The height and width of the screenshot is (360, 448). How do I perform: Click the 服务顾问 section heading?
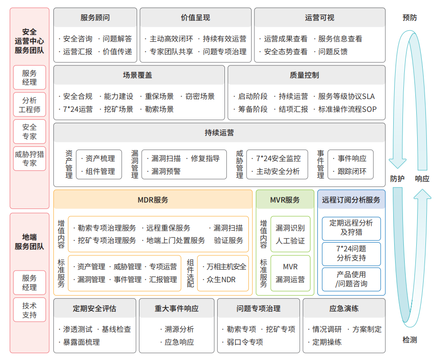(95, 18)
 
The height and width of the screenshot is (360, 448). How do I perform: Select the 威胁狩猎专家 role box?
(29, 158)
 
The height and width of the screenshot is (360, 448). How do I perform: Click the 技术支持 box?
(29, 310)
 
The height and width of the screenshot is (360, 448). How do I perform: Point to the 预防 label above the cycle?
(409, 17)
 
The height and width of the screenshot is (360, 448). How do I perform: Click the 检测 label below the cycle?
(409, 340)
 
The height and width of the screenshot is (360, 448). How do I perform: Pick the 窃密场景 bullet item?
(200, 96)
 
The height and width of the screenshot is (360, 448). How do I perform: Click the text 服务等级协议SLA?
(346, 96)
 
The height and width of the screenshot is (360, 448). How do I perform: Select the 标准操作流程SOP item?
(347, 110)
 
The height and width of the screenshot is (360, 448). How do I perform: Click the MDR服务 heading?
(153, 200)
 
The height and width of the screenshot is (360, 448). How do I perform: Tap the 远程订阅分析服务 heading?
(351, 200)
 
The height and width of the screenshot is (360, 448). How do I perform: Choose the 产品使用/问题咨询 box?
(351, 279)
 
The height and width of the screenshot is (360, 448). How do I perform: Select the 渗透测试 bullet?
(78, 329)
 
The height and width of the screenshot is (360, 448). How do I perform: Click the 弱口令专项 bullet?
(245, 342)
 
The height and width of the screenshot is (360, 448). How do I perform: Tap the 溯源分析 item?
(179, 329)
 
